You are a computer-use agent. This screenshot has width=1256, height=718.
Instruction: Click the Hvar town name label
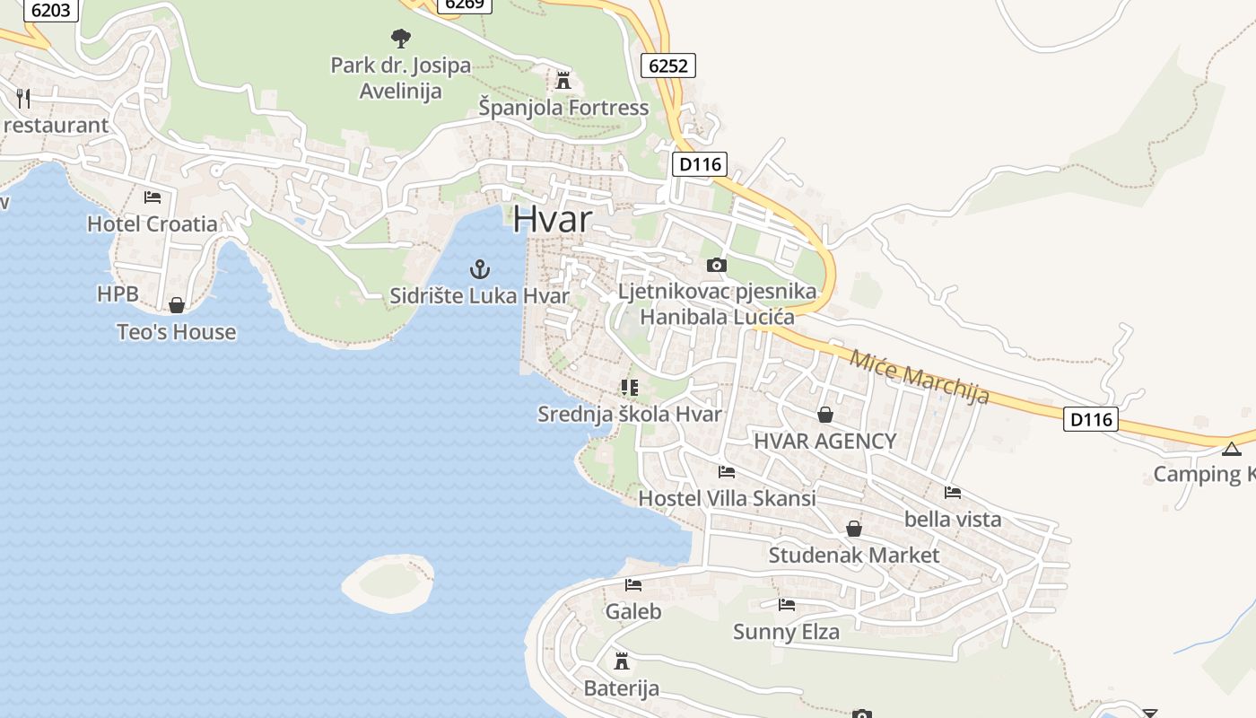[553, 220]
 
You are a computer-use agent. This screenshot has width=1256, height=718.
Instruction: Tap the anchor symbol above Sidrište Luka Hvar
[480, 268]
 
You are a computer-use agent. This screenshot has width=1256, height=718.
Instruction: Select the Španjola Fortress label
[563, 108]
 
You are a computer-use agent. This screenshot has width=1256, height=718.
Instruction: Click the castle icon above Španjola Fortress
[563, 81]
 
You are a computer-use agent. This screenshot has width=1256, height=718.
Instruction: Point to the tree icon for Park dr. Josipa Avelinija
[400, 38]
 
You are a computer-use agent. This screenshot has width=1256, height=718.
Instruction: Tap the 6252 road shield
[668, 65]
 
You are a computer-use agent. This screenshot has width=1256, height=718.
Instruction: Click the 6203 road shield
[50, 11]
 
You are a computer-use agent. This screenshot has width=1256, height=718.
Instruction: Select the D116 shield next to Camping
[1091, 418]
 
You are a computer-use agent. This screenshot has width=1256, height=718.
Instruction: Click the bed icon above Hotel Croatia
[153, 197]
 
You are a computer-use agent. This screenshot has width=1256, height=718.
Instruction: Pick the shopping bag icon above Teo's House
[177, 305]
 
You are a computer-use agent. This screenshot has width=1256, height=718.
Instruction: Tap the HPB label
[118, 293]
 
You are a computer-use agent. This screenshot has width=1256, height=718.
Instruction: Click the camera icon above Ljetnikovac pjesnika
[716, 265]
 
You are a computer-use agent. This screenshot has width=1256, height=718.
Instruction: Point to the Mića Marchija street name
[919, 376]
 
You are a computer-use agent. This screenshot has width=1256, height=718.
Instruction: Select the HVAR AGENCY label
[824, 441]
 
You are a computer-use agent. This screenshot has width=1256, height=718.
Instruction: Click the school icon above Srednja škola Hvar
[629, 388]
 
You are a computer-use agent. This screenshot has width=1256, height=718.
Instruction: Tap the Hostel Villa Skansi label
[727, 498]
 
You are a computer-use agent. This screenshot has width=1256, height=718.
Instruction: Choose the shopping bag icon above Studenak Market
[853, 529]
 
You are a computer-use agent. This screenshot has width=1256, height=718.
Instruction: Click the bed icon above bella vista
[953, 492]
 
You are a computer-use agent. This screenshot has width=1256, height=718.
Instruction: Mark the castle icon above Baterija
[621, 661]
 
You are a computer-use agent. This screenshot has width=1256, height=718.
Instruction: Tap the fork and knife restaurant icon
[23, 98]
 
